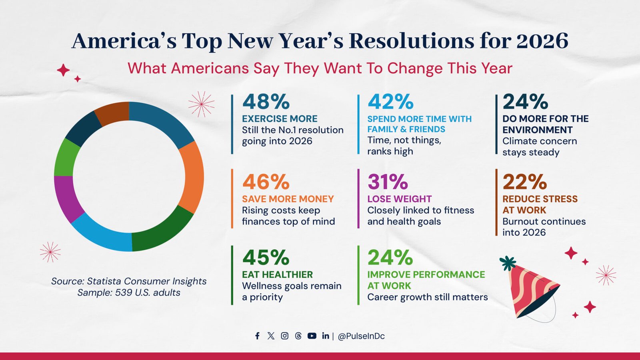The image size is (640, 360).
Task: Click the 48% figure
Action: (x=266, y=102)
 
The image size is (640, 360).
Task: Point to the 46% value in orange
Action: (x=266, y=182)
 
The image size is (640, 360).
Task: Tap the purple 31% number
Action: (x=388, y=182)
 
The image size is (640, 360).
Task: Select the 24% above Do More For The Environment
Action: (x=525, y=102)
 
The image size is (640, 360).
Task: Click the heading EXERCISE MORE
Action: (x=280, y=119)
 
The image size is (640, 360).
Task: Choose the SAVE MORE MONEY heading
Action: (x=288, y=199)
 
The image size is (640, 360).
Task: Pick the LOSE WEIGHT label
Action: (x=399, y=199)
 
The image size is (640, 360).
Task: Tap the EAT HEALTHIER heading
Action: (x=277, y=275)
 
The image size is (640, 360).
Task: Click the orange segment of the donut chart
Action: (x=194, y=176)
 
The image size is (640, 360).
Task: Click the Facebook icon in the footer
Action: (x=257, y=336)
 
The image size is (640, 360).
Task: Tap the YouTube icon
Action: (x=312, y=336)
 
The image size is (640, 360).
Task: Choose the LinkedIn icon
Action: (x=325, y=336)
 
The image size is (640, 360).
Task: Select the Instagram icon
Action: (x=284, y=336)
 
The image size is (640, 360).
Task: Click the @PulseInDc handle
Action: (x=361, y=336)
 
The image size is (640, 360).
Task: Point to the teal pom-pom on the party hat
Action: (x=508, y=263)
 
